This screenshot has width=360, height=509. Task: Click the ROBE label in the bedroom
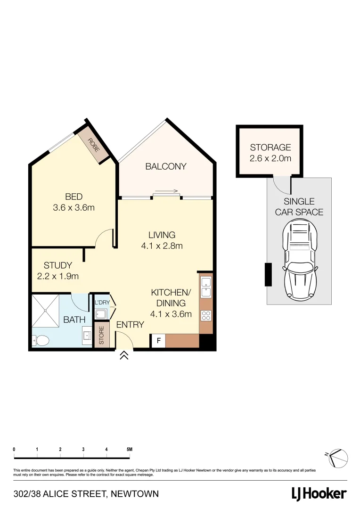pyautogui.click(x=93, y=144)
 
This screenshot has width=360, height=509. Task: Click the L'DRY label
pyautogui.click(x=102, y=302)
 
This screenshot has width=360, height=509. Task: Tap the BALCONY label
pyautogui.click(x=165, y=166)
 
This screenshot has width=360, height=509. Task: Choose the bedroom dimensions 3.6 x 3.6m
pyautogui.click(x=74, y=207)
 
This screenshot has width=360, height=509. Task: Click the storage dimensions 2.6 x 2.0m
pyautogui.click(x=270, y=158)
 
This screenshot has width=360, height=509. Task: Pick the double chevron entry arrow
pyautogui.click(x=124, y=355)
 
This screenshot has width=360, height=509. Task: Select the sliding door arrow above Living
pyautogui.click(x=166, y=191)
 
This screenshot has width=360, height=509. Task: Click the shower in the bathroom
pyautogui.click(x=46, y=311)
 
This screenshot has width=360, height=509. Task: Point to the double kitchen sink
pyautogui.click(x=206, y=287)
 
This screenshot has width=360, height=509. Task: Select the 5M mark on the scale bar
pyautogui.click(x=130, y=449)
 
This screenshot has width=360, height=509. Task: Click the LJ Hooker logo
pyautogui.click(x=319, y=493)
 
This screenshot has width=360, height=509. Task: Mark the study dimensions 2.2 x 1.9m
pyautogui.click(x=58, y=276)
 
